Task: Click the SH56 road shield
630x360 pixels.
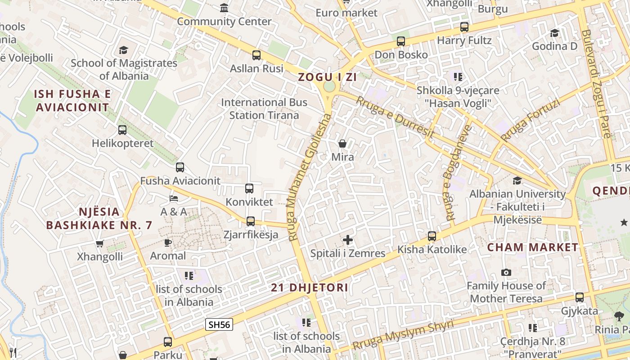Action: tap(219, 324)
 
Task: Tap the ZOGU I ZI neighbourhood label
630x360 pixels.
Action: tap(327, 77)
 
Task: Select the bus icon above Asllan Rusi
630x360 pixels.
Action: tap(256, 55)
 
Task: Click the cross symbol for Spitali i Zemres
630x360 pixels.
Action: tap(348, 240)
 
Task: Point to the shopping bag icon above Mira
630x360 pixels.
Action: tap(342, 144)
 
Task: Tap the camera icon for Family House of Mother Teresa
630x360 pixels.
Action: tap(506, 273)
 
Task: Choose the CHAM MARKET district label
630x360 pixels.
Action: tap(532, 247)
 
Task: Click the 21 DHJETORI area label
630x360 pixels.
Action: tap(310, 288)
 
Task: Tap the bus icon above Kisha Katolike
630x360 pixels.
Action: tap(432, 236)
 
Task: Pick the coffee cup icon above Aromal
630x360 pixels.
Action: tap(168, 243)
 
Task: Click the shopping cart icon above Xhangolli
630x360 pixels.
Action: tap(100, 243)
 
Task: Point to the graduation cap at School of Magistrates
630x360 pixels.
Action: tap(124, 50)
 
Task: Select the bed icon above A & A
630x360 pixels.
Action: tap(174, 198)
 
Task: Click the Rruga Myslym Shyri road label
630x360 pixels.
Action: tap(403, 335)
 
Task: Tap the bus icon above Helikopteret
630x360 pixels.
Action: tap(122, 130)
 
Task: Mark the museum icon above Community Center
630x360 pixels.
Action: tap(224, 8)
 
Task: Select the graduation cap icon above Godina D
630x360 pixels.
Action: tap(555, 33)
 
